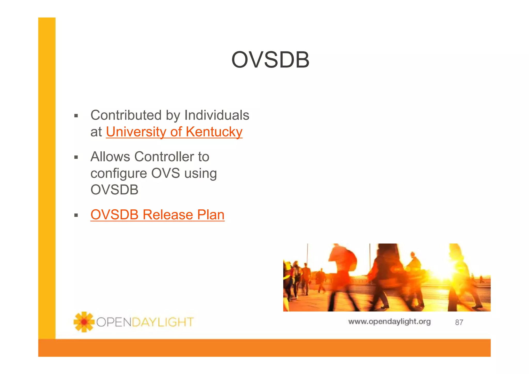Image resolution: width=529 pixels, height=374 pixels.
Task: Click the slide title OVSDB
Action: [270, 60]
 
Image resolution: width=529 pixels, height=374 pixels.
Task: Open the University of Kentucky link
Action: [174, 132]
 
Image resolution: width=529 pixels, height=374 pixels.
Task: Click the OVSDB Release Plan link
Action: [157, 215]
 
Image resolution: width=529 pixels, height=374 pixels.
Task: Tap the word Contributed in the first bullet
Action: [126, 115]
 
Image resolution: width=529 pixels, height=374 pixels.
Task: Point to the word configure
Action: [119, 173]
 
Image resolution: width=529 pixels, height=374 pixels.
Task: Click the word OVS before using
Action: [165, 173]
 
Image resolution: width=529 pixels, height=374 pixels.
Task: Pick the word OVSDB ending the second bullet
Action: [114, 190]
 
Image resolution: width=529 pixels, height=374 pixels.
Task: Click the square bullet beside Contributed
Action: [76, 116]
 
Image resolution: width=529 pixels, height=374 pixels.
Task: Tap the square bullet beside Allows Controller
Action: [76, 157]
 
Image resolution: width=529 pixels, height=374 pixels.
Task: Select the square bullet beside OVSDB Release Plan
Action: [76, 215]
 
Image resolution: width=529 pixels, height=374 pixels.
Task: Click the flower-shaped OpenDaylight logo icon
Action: [84, 322]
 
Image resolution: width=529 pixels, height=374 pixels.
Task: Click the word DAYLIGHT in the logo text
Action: [163, 322]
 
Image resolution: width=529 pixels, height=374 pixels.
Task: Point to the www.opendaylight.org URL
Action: [389, 322]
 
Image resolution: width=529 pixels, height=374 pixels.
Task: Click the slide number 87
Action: [459, 322]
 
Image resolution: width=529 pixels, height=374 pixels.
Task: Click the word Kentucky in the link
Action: [214, 132]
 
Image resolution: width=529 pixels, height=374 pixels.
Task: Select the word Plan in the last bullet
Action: [211, 215]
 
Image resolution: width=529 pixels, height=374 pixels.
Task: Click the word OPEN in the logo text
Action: [114, 322]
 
